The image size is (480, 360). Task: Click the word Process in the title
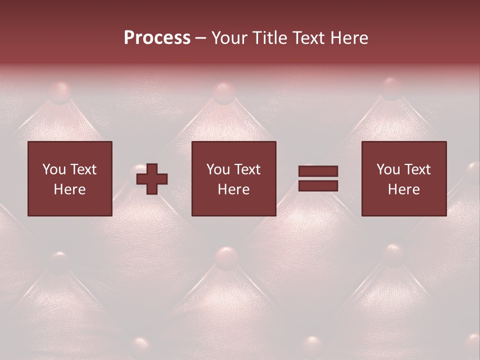[157, 38]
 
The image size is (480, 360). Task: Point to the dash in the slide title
[201, 38]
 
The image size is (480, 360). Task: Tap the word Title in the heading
[271, 38]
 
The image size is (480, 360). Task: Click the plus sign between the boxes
[152, 178]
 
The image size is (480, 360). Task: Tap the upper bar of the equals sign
[318, 171]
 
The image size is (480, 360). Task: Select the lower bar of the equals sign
[318, 186]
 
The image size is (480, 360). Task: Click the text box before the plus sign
[69, 178]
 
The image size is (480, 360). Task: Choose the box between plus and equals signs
[233, 178]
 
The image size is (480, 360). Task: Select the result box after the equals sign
[403, 178]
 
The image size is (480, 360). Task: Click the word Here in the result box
[403, 189]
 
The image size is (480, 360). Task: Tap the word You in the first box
[53, 169]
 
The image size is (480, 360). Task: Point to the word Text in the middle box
[247, 169]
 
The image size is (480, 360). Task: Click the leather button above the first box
[60, 92]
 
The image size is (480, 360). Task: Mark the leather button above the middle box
[223, 92]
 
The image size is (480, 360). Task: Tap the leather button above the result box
[391, 88]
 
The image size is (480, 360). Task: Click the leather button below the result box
[393, 254]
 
